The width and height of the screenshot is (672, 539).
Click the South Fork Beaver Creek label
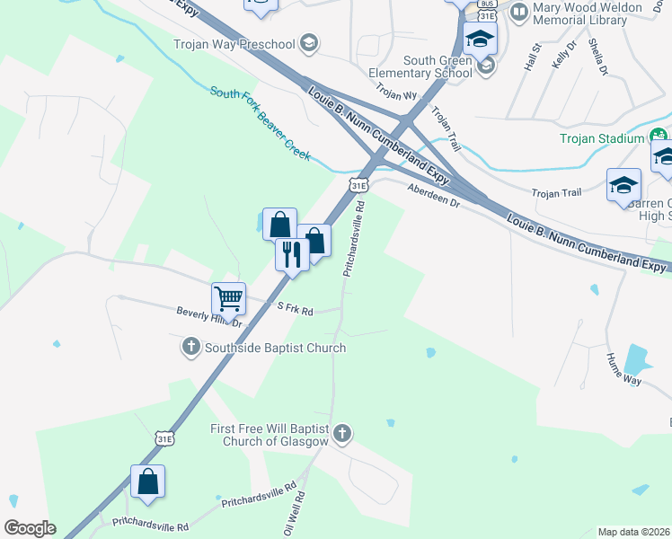click(261, 123)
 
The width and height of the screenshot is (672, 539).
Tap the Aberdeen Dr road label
click(433, 196)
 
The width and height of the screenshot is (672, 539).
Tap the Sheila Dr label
click(597, 56)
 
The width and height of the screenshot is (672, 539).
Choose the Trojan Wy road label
click(397, 93)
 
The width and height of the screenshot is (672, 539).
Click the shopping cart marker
click(228, 298)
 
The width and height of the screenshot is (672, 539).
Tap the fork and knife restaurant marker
click(291, 253)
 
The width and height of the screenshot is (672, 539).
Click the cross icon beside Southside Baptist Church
click(190, 348)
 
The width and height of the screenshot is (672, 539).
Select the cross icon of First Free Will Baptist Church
click(340, 435)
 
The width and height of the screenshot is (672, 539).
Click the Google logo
click(30, 528)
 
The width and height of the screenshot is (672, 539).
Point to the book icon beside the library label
click(518, 13)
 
